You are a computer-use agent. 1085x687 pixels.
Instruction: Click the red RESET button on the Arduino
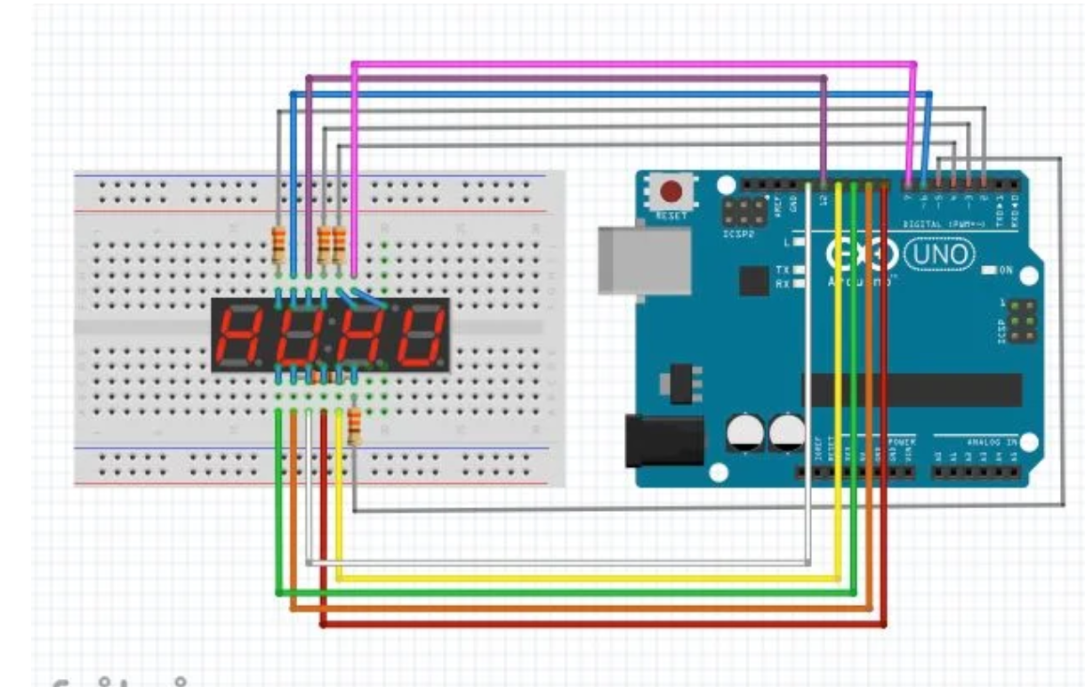[x=672, y=191]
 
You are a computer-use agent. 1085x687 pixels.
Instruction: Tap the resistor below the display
[x=354, y=427]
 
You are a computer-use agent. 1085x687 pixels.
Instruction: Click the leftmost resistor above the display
[x=278, y=244]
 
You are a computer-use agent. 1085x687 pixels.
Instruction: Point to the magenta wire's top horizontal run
[x=623, y=64]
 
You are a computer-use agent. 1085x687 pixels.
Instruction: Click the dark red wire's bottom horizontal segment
[x=605, y=626]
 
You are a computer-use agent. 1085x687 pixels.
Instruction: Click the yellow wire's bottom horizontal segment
[x=587, y=579]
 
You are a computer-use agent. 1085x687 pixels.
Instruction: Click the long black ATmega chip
[x=912, y=390]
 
